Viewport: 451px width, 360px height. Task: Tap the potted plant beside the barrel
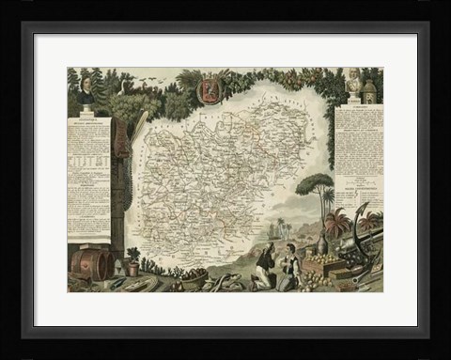pos(132,261)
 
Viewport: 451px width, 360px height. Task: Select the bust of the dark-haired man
pos(86,90)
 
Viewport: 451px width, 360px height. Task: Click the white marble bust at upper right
pos(354,82)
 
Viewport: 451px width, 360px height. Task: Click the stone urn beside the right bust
pos(369,91)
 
